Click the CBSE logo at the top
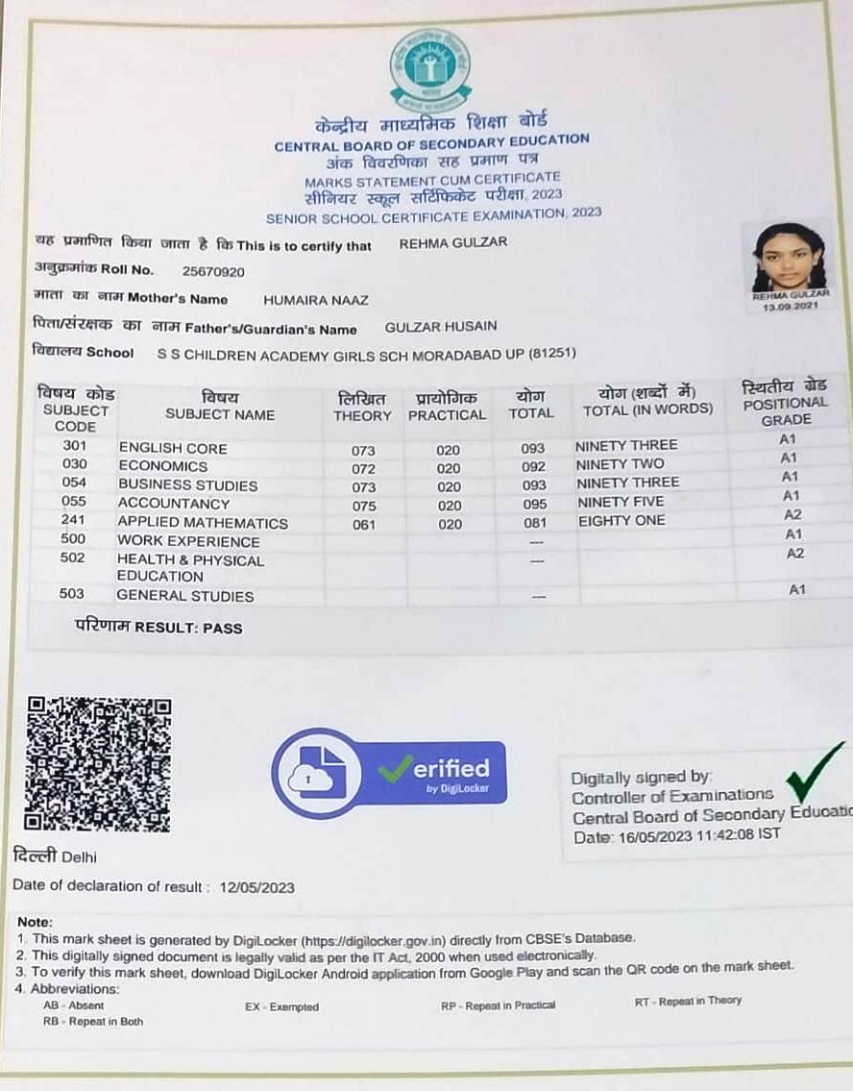(x=429, y=69)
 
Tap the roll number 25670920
(x=213, y=272)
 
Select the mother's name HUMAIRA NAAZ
(x=316, y=300)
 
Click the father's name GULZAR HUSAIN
(x=441, y=327)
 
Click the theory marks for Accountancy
(x=364, y=505)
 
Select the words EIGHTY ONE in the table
(x=621, y=521)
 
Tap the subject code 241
(x=74, y=520)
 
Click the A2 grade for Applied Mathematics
(x=793, y=514)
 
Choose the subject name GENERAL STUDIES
(x=185, y=596)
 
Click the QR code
(x=98, y=764)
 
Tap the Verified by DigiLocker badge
(x=389, y=772)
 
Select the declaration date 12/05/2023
(x=256, y=887)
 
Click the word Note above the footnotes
(x=36, y=921)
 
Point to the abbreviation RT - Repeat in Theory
(x=688, y=1001)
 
